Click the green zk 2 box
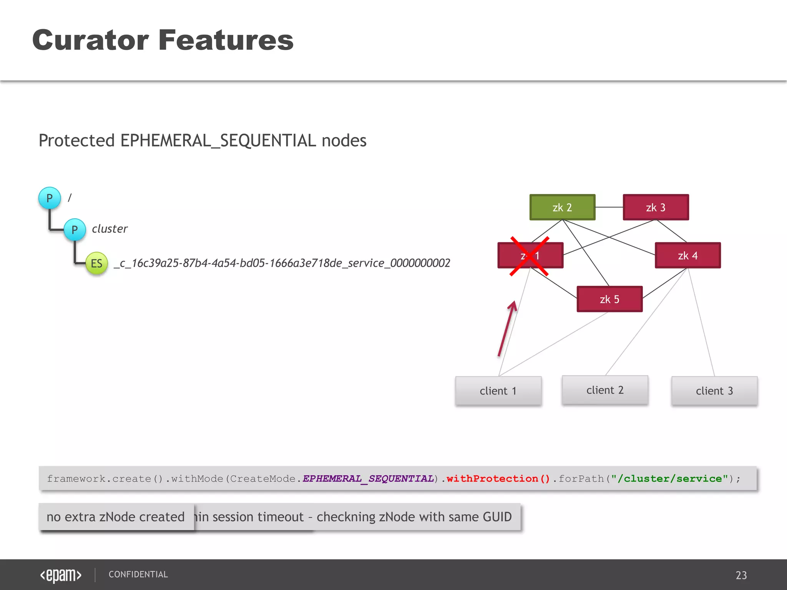coord(562,207)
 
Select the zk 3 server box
coord(656,207)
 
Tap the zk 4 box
coord(687,255)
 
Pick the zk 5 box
coord(609,299)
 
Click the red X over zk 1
coord(530,256)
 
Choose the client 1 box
coord(498,391)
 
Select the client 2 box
coord(605,390)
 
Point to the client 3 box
coord(714,391)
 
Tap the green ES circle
coord(96,264)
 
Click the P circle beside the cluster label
coord(75,230)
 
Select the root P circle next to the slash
coord(50,198)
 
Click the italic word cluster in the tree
coord(110,229)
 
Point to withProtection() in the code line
coord(498,479)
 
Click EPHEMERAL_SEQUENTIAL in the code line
coord(368,479)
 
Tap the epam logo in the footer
coord(61,575)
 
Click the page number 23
coord(741,575)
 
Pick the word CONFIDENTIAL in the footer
coord(138,575)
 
